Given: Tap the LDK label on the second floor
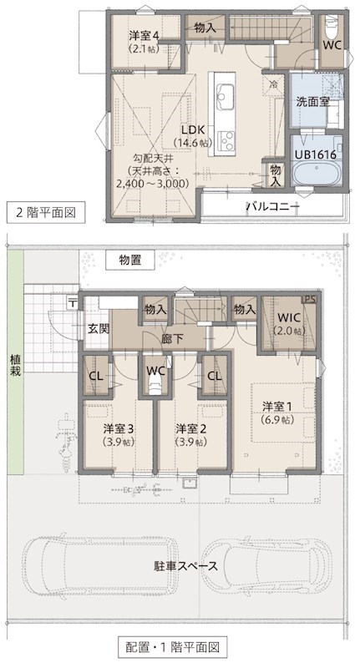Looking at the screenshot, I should pos(192,129).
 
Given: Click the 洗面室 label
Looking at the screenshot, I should pos(312,102).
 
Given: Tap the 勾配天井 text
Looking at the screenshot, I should pos(152,157).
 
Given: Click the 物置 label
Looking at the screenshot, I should pos(129,261).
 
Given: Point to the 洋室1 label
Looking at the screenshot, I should pos(276,407).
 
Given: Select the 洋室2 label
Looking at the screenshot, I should pos(191,429).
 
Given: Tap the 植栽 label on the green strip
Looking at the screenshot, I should pos(13,365).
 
